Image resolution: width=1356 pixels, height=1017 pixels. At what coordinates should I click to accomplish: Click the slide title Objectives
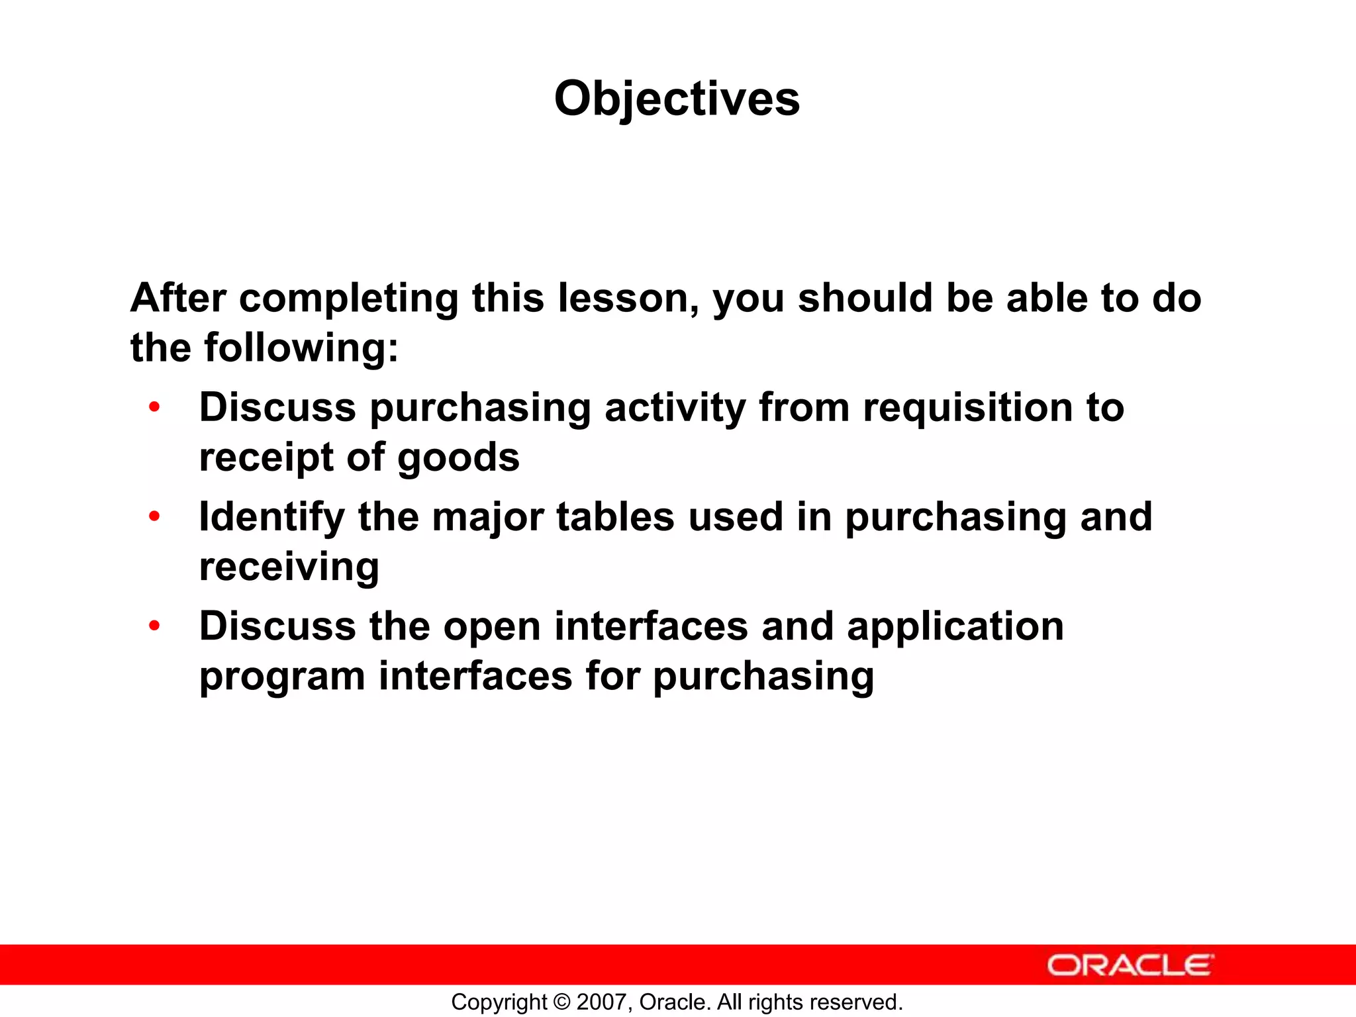[x=677, y=99]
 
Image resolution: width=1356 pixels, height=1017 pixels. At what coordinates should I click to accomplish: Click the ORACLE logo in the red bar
[x=1130, y=965]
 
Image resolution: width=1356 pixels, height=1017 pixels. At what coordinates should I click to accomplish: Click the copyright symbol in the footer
[x=561, y=1002]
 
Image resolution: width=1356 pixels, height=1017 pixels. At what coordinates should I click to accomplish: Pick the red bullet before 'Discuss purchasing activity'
[x=154, y=407]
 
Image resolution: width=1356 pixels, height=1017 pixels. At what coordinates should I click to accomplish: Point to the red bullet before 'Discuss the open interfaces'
[x=154, y=625]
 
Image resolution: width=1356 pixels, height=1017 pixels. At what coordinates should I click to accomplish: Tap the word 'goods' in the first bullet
[x=458, y=458]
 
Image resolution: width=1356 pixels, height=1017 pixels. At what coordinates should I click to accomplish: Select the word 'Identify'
[x=271, y=517]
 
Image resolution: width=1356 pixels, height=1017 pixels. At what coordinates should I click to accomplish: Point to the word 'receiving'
[x=289, y=567]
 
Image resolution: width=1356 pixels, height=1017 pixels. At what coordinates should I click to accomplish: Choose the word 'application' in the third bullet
[x=955, y=627]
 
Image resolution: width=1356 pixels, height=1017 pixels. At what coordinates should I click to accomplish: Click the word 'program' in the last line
[x=282, y=677]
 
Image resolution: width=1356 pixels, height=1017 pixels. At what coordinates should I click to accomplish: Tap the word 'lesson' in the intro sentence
[x=628, y=299]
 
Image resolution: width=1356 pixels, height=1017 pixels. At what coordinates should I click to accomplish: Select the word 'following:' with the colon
[x=301, y=348]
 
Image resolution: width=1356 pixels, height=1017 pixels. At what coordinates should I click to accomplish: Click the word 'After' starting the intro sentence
[x=178, y=299]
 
